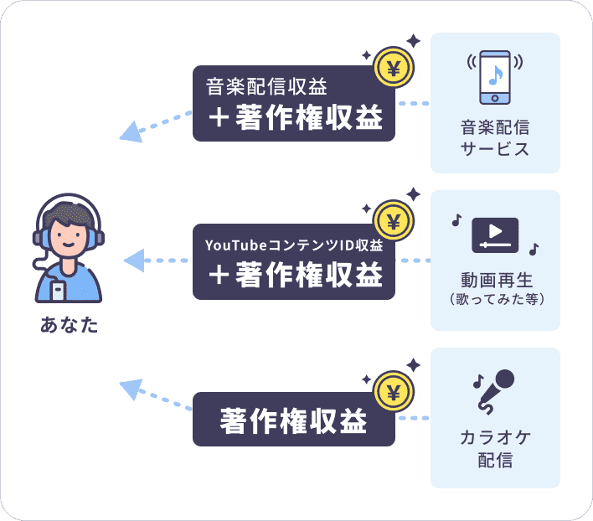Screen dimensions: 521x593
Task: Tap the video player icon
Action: click(495, 235)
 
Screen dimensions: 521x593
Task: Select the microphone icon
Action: click(497, 391)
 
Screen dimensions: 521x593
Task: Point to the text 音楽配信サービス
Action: click(495, 139)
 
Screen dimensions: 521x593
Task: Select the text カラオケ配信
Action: click(495, 449)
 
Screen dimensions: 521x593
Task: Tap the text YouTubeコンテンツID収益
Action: click(294, 245)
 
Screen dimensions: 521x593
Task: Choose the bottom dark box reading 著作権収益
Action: click(293, 420)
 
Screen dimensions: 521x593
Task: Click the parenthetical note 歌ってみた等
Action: click(496, 298)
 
